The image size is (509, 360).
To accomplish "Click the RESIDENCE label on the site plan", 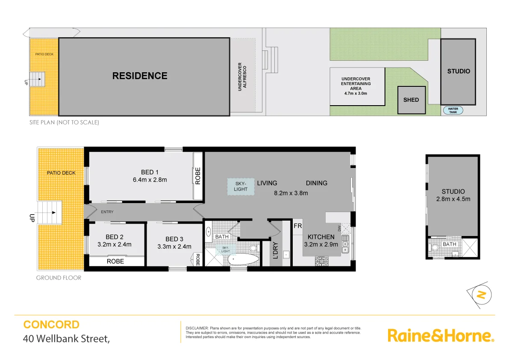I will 140,76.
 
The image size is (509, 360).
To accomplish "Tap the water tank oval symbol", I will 453,110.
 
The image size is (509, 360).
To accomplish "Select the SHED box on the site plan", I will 411,100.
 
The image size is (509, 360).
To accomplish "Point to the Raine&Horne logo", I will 441,335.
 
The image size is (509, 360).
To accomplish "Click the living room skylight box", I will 241,186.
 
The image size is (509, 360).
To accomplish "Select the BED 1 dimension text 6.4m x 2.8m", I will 150,180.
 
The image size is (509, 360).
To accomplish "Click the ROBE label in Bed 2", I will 115,261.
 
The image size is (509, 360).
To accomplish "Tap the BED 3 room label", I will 174,239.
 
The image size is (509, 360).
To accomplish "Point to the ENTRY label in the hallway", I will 107,212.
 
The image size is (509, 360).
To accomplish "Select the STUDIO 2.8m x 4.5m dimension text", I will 453,199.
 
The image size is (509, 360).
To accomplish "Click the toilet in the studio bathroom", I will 435,247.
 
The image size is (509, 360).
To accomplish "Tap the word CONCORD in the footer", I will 51,325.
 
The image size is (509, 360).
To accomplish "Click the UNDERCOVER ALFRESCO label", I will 242,77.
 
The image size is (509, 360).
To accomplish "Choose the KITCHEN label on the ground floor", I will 321,237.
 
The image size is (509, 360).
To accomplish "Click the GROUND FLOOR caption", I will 59,278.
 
